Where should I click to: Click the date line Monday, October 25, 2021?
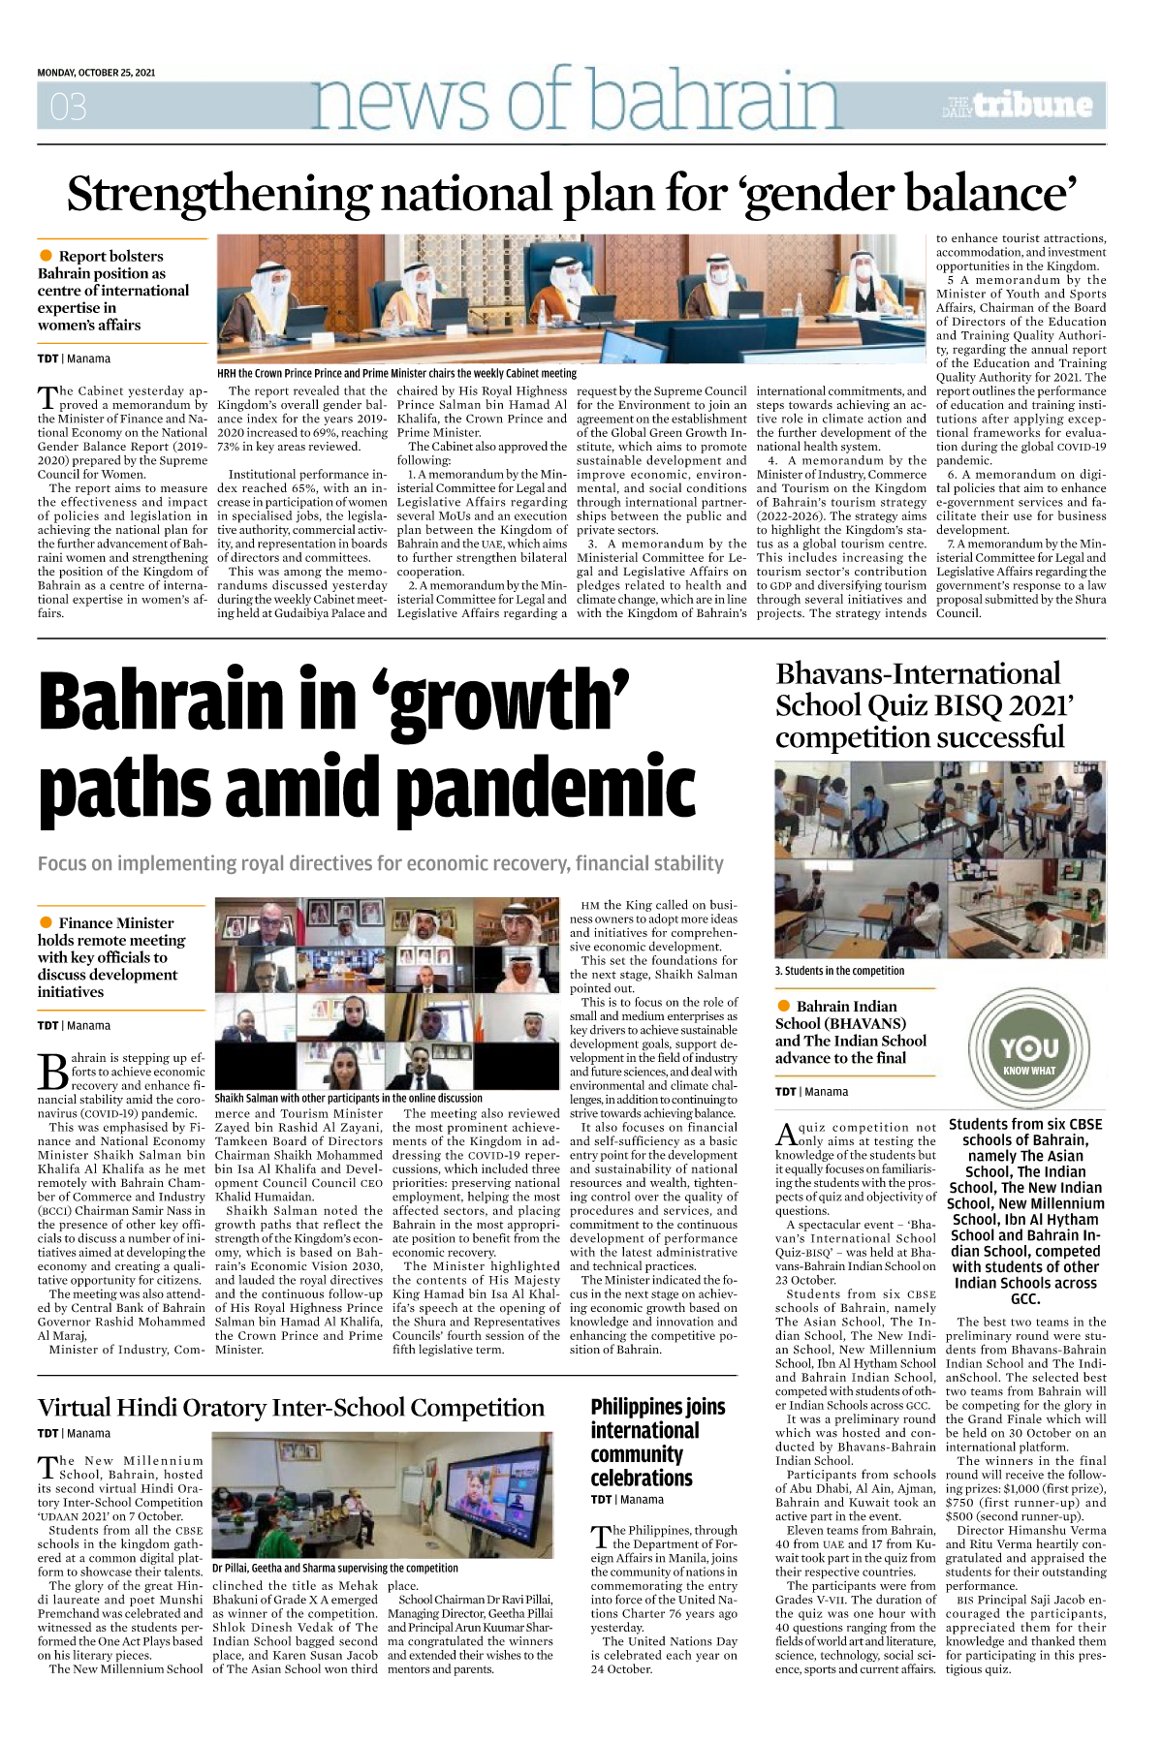click(x=96, y=73)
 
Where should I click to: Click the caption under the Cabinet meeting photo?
click(x=396, y=373)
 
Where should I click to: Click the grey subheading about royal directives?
click(x=380, y=863)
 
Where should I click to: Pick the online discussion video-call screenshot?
click(x=388, y=993)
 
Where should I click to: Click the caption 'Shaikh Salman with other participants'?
click(x=348, y=1098)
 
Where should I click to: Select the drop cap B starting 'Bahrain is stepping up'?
click(x=53, y=1072)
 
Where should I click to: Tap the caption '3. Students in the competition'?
click(x=839, y=970)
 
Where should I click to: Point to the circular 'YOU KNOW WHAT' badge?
click(x=1028, y=1050)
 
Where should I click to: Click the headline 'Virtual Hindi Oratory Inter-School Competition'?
click(x=291, y=1407)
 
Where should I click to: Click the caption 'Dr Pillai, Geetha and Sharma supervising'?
click(x=335, y=1567)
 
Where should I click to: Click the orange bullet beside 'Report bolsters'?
click(x=46, y=256)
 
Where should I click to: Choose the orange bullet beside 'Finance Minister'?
click(x=46, y=922)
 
